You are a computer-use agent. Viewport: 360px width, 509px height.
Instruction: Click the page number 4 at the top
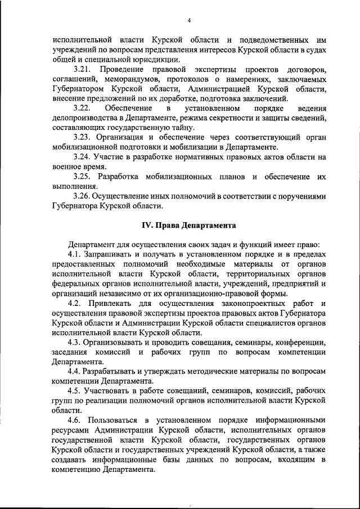pyautogui.click(x=189, y=21)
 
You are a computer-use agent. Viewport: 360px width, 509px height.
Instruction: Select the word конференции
pyautogui.click(x=302, y=343)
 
